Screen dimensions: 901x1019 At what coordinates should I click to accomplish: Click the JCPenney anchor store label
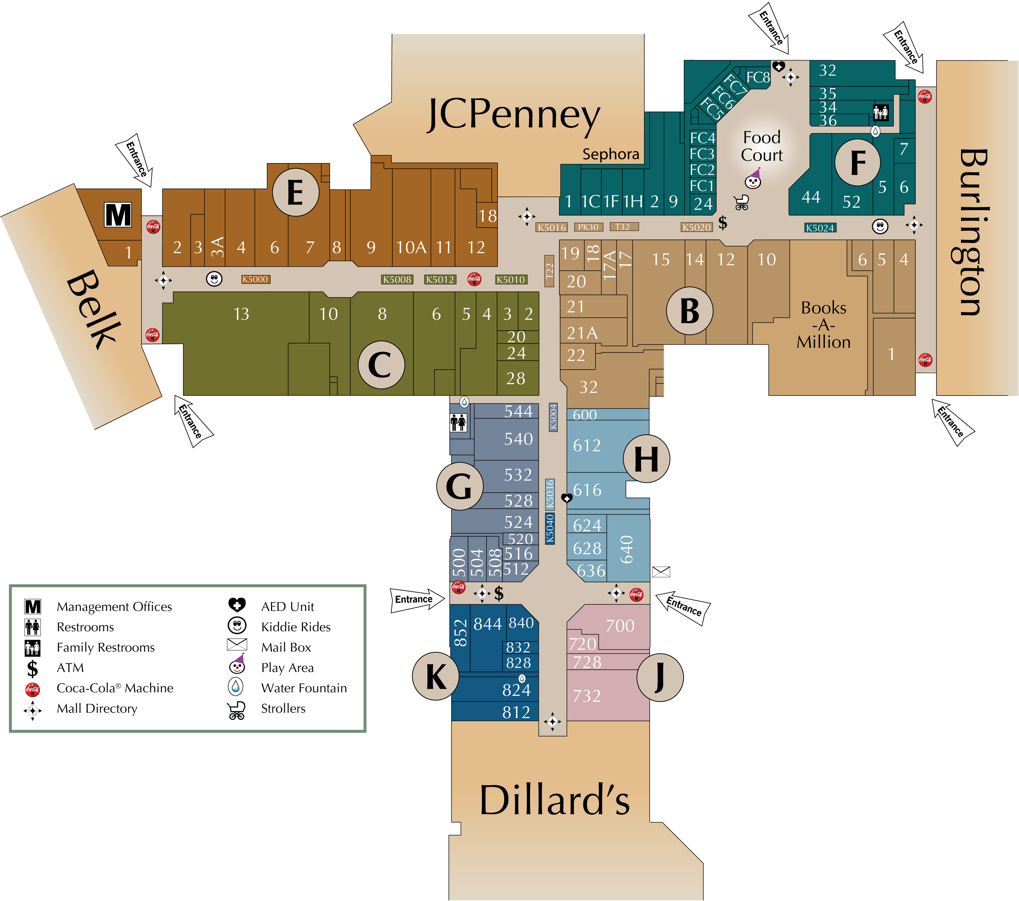click(x=513, y=116)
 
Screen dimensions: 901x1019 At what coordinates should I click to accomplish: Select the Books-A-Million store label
click(x=824, y=325)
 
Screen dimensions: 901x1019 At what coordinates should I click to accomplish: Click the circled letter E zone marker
click(x=296, y=192)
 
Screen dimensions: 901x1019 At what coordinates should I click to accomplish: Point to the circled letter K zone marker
click(x=436, y=676)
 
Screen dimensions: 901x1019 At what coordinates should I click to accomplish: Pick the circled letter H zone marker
click(x=646, y=458)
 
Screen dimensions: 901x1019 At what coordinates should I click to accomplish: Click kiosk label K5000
click(x=255, y=279)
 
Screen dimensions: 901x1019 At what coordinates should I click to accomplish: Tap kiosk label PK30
click(x=588, y=227)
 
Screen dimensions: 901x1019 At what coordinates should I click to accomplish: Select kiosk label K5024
click(x=820, y=228)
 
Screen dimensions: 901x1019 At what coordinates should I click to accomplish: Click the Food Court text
click(x=762, y=146)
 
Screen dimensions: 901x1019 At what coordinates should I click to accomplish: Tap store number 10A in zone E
click(x=411, y=247)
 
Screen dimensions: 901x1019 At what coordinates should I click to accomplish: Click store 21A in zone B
click(x=582, y=333)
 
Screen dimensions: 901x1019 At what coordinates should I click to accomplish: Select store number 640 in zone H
click(x=627, y=549)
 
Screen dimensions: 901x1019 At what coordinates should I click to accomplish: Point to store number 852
click(x=460, y=633)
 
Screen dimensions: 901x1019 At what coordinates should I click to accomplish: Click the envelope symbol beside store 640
click(x=661, y=572)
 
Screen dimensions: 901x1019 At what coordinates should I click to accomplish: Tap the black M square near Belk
click(x=118, y=215)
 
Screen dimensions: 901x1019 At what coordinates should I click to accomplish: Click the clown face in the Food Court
click(x=753, y=179)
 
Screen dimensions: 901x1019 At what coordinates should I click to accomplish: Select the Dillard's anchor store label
click(x=554, y=800)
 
